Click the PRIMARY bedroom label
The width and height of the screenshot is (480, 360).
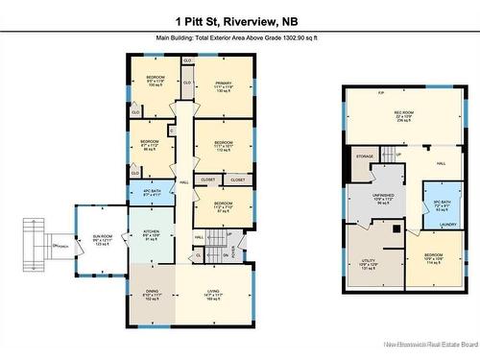point(223,83)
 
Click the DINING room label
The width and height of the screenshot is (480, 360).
point(151,294)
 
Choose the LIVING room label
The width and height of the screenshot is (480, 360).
point(213,294)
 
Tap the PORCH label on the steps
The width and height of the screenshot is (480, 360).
point(63,247)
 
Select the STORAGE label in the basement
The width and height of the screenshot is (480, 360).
point(365,156)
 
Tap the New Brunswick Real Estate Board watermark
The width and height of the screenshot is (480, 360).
point(429,343)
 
